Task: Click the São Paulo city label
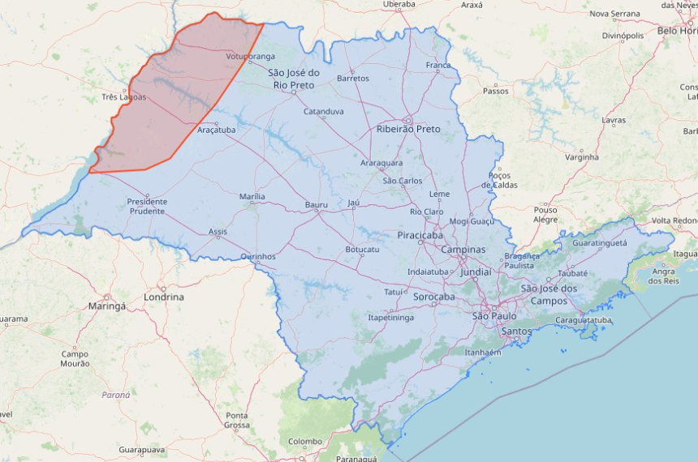click(494, 315)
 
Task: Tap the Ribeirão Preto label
click(408, 129)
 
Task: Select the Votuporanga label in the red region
click(251, 57)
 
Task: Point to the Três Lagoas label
click(124, 97)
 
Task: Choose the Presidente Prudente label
click(147, 206)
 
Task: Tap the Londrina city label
click(163, 297)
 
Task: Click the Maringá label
click(107, 306)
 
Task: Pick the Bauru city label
click(317, 205)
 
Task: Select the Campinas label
click(463, 250)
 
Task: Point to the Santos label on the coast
click(517, 332)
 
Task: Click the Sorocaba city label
click(433, 297)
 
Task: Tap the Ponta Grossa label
click(237, 420)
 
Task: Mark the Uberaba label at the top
click(399, 4)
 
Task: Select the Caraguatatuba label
click(583, 321)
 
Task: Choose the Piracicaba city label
click(418, 235)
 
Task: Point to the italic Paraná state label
click(115, 395)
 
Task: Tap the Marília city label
click(252, 196)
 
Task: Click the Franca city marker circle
click(438, 71)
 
